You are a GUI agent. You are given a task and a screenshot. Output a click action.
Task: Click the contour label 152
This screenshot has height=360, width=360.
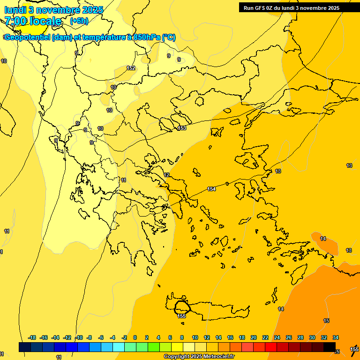coord(131,68)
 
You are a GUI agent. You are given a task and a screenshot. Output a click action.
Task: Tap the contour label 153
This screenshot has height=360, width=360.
coord(182,128)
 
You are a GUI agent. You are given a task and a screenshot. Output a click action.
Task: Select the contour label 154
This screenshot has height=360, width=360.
coord(211,189)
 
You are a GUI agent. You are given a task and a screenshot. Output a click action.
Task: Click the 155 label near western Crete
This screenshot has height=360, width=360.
coord(181,316)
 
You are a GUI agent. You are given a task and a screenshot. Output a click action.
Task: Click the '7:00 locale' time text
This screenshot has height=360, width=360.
coord(33,21)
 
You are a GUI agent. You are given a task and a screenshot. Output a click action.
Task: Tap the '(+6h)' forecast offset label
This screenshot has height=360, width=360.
coord(79,21)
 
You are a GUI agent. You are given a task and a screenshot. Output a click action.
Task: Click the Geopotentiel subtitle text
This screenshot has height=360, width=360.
coord(90,37)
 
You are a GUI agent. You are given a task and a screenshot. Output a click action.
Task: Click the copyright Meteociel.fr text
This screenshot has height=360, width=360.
coord(199,357)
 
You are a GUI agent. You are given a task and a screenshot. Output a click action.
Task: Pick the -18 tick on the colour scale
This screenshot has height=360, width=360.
coord(32,337)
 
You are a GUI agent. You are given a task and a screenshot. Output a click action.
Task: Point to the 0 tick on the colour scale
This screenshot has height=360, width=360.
coord(135,337)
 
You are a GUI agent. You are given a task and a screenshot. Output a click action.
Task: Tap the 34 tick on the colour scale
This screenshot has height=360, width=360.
coord(336,337)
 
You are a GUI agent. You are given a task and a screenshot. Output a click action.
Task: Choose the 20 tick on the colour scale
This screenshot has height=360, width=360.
coord(254,337)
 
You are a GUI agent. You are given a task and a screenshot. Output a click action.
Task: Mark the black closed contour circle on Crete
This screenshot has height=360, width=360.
coord(182,307)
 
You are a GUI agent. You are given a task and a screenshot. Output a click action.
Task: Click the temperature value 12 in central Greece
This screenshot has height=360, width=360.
coord(166,175)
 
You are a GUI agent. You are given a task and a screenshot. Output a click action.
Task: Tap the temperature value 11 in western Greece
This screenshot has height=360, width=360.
coord(123,180)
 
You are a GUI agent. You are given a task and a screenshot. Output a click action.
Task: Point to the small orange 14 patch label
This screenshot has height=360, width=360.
coord(323,239)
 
